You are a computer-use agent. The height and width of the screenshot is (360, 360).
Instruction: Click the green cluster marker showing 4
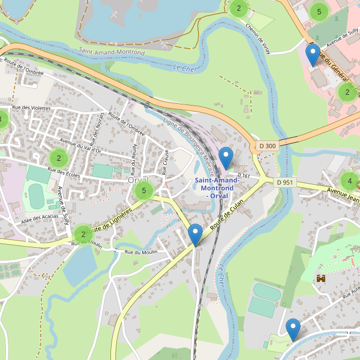pos(349,180)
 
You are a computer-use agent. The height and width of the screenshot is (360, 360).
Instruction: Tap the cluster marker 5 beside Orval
pos(143,191)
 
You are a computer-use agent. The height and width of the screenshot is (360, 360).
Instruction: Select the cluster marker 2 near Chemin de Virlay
pos(239,8)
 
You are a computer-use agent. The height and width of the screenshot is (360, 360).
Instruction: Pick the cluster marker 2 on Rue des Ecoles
pos(58,159)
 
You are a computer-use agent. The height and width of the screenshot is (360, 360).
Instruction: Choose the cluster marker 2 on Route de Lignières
pos(83,234)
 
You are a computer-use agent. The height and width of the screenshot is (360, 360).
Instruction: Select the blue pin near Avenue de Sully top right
pos(312,56)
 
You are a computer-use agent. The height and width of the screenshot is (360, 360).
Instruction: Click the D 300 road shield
pos(268,146)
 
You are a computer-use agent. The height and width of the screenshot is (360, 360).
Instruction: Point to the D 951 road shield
pos(286,182)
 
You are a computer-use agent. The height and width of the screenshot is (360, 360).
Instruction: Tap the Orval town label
pos(137,179)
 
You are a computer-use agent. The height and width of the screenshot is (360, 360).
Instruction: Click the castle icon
pos(321,278)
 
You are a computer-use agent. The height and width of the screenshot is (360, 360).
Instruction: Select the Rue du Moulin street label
pos(141,252)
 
